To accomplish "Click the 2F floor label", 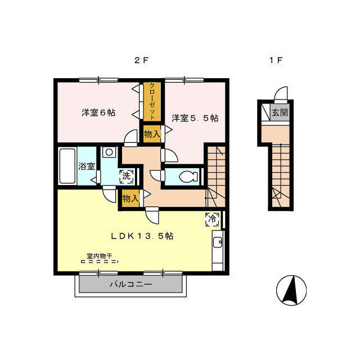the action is (141, 60).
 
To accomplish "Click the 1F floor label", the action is (276, 60).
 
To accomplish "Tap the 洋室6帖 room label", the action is (98, 112).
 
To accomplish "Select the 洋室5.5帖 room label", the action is (195, 118).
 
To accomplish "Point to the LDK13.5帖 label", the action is (142, 236).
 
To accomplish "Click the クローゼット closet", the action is (152, 101).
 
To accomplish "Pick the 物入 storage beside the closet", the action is (152, 134).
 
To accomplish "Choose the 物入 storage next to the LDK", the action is (130, 198).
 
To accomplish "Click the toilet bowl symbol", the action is (188, 177).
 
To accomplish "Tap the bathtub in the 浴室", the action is (67, 166).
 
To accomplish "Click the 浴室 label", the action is (87, 166).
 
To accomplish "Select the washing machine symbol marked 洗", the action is (127, 177).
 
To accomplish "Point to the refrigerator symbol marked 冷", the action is (213, 219).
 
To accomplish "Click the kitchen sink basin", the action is (217, 242).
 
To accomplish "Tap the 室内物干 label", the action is (100, 256).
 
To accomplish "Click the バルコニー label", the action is (131, 285).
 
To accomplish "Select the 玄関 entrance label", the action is (280, 112).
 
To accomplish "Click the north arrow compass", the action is (291, 290).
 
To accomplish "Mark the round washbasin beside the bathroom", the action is (109, 152).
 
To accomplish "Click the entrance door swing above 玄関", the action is (281, 94).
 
